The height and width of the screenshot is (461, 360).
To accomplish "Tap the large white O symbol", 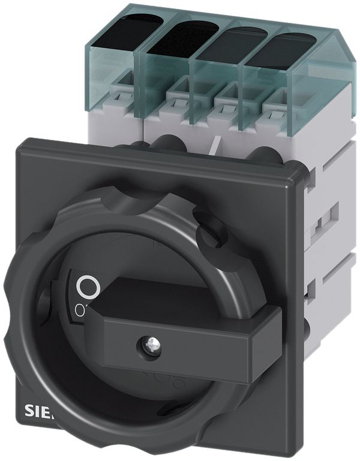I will (88, 287).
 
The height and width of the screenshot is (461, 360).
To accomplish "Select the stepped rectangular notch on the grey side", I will (324, 215).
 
